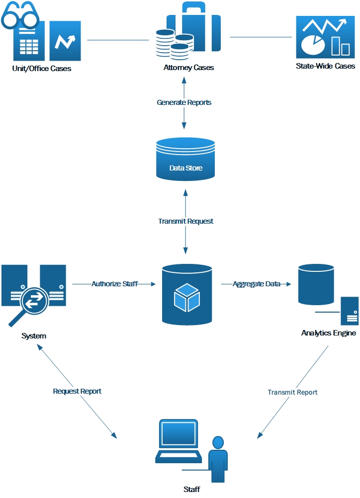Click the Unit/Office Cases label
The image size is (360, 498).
[42, 69]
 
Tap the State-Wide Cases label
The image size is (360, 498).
[326, 66]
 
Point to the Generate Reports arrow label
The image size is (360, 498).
[184, 102]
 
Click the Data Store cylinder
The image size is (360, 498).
[185, 160]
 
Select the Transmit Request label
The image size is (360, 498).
[186, 221]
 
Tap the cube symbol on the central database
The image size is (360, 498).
[187, 298]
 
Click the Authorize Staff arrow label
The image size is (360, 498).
[114, 284]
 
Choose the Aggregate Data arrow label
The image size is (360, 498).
[257, 284]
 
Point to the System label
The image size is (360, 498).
[34, 336]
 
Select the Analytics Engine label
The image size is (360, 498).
[329, 333]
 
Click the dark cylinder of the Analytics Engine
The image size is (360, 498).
[316, 285]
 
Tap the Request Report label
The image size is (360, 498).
[77, 391]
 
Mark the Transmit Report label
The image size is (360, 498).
[292, 392]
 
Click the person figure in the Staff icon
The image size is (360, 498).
[218, 458]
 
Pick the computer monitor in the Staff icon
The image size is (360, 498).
[178, 435]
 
